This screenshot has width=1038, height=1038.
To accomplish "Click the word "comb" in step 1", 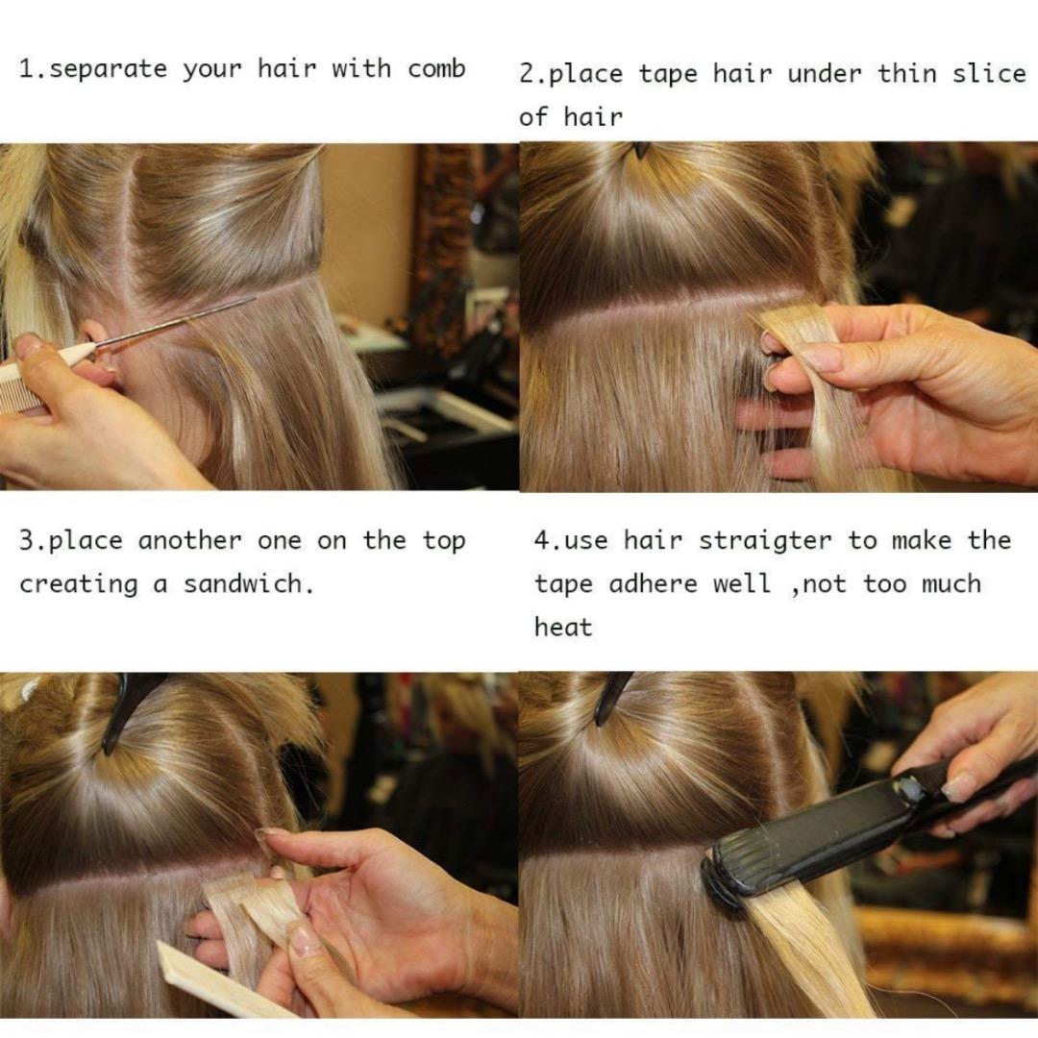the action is point(436,69).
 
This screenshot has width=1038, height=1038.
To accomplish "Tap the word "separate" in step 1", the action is point(108,70).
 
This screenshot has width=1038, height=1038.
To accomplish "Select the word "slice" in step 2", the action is point(989,73).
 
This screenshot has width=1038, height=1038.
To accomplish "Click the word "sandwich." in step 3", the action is point(248,584).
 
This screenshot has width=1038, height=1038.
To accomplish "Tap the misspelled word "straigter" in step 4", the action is point(765,541).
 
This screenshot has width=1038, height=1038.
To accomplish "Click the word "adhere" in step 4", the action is point(653,584).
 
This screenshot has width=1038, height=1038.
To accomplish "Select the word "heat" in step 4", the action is point(563,627).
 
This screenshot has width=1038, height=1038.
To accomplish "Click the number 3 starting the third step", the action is point(27,541).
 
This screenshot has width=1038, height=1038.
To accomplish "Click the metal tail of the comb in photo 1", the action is point(173,323).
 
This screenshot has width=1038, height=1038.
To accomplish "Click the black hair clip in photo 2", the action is point(640,150).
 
